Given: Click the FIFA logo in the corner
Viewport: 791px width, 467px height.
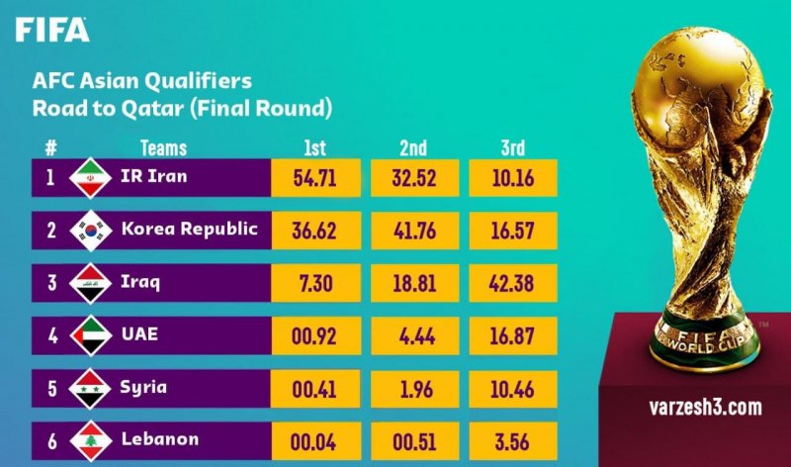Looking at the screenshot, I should point(52,29).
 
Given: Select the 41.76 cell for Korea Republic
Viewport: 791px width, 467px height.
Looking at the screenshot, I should point(413,230).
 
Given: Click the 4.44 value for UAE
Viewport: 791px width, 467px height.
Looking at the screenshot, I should point(413,334).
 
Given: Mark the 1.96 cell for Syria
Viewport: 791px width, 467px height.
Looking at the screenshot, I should point(413,387).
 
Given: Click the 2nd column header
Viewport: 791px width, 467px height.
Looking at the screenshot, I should point(413,148).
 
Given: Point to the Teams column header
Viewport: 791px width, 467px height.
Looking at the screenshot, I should point(163,148).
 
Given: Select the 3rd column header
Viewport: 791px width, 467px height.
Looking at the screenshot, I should point(512,148).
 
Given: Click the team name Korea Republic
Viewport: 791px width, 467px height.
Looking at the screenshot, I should point(189,229).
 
